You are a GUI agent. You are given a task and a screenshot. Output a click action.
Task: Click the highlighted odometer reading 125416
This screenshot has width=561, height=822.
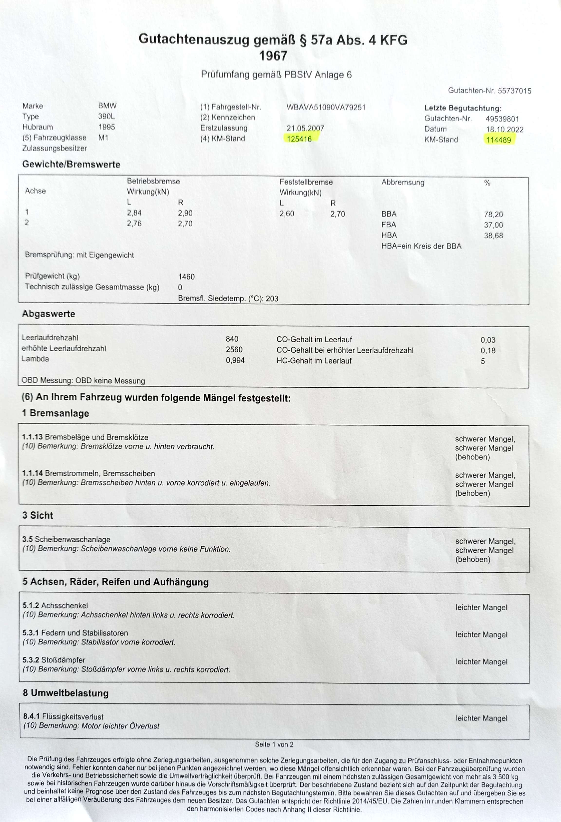coord(299,139)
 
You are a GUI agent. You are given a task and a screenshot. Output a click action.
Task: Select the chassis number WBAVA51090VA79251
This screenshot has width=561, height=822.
coord(326,107)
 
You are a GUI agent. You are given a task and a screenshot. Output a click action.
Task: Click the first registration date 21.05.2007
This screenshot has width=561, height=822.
coord(305,128)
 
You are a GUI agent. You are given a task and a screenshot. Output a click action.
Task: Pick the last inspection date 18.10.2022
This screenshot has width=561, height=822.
coord(505,130)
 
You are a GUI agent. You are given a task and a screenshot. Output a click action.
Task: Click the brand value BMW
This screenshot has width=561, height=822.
coord(107,106)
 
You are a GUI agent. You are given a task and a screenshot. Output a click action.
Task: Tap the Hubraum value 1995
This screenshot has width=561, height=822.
coord(106,127)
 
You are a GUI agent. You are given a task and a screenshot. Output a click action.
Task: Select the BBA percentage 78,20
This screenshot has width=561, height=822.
coord(493,214)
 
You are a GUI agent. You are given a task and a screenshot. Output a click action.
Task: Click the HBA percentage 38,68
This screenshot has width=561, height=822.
coord(493,235)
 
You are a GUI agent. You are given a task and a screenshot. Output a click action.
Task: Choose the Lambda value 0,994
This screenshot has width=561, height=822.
coord(235,360)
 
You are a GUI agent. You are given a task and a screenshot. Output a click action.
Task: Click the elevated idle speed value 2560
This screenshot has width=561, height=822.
coord(234,350)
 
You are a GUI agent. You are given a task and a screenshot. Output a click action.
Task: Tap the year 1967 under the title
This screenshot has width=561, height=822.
coord(273,56)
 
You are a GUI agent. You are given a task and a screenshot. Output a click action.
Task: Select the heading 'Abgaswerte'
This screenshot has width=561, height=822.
coord(48,314)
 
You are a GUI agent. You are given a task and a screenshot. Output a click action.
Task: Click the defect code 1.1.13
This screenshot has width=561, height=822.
coord(32,437)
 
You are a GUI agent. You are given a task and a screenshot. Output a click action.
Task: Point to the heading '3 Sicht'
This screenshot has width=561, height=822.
coord(37,515)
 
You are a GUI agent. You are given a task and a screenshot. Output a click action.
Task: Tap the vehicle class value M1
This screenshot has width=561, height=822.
coord(103,138)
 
